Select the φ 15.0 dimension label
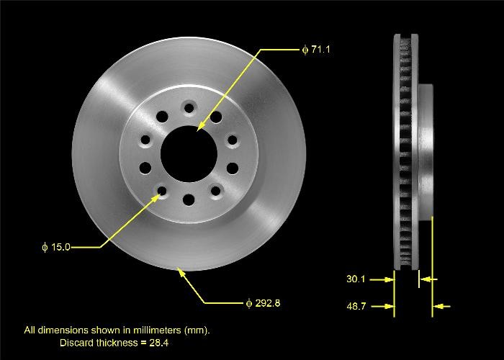click(57, 247)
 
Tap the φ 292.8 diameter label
click(263, 303)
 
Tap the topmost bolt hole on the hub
click(189, 108)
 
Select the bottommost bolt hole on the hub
click(189, 199)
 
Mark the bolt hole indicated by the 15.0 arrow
click(161, 191)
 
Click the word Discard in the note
click(76, 343)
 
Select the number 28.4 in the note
click(158, 343)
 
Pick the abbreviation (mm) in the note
click(196, 330)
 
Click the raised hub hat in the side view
click(425, 151)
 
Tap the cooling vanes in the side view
click(405, 151)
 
